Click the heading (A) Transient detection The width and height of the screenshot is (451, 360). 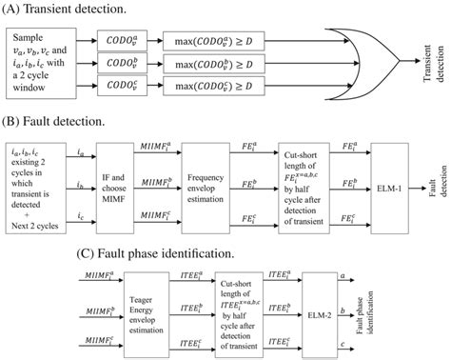tap(66, 9)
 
